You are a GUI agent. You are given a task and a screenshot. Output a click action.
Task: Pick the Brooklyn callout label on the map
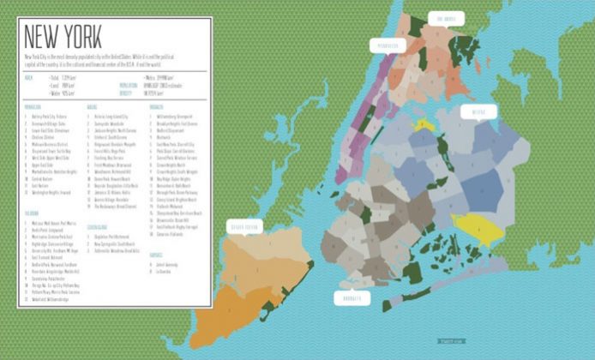[351, 297]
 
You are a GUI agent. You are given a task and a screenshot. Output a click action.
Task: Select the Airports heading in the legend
[156, 254]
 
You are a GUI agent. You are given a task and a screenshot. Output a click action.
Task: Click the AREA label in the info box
[29, 77]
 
